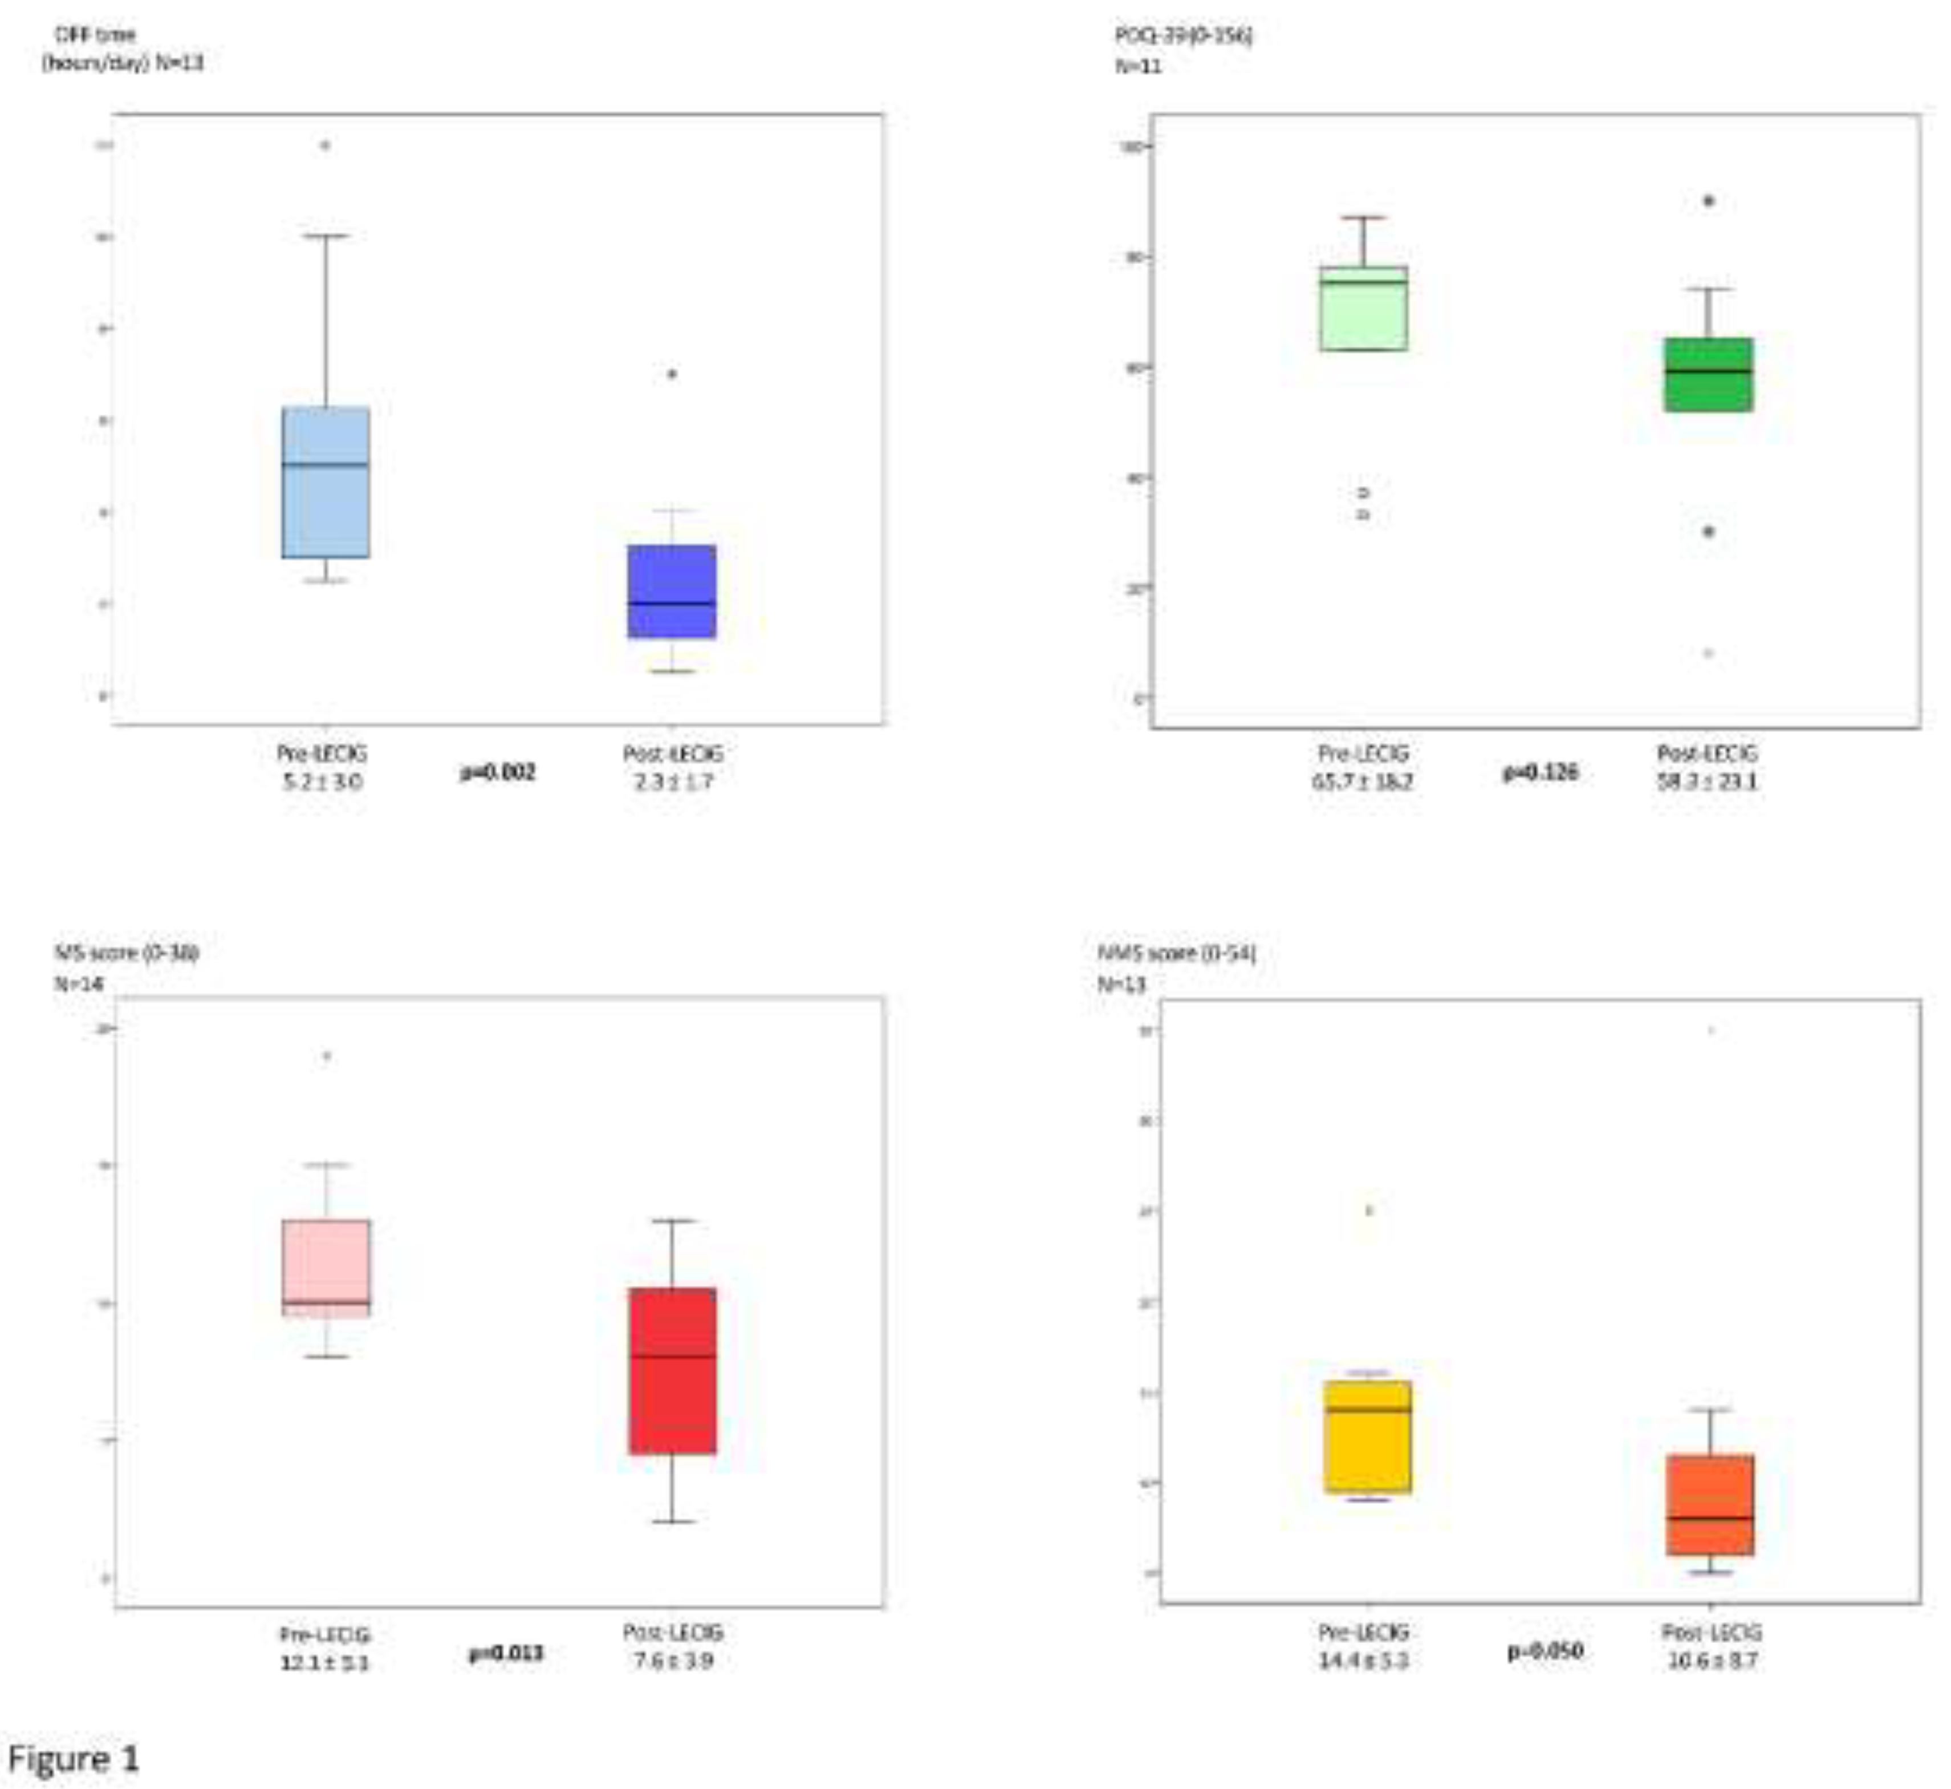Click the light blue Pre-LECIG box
point(325,482)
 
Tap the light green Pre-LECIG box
point(1363,308)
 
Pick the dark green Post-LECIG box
point(1708,375)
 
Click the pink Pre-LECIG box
point(326,1266)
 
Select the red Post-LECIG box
point(673,1370)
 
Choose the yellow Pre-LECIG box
point(1367,1436)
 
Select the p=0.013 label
point(505,1653)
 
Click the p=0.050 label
point(1546,1650)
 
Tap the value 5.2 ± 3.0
point(322,781)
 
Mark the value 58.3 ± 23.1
point(1707,780)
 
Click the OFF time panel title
point(122,48)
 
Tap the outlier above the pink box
point(327,1056)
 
